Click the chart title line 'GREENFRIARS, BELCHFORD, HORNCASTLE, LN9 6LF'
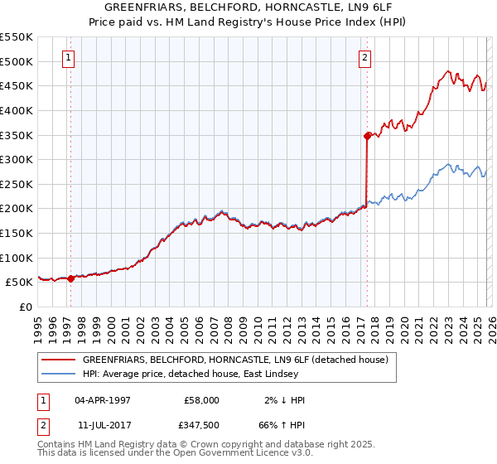click(248, 7)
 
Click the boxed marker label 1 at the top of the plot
click(67, 58)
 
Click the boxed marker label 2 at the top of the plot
click(364, 58)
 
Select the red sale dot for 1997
click(70, 278)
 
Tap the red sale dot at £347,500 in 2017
click(366, 136)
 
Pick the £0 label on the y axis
click(25, 307)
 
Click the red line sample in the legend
click(59, 360)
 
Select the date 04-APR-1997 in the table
click(101, 400)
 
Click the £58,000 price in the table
click(201, 400)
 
